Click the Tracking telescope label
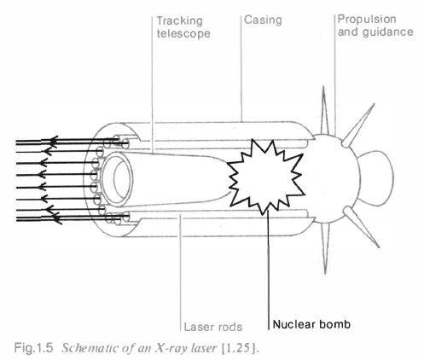pos(183,27)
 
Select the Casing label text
pos(263,20)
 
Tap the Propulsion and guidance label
pos(375,26)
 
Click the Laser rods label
pos(213,327)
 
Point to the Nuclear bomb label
pos(311,324)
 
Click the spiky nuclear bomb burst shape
pos(266,177)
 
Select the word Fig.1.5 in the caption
pos(33,347)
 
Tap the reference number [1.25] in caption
pos(243,348)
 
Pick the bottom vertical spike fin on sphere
pos(325,248)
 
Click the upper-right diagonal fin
pos(358,125)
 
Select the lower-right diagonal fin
pos(361,227)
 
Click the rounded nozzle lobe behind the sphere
pos(378,178)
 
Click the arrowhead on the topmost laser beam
pos(55,140)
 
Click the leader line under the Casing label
pos(241,68)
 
